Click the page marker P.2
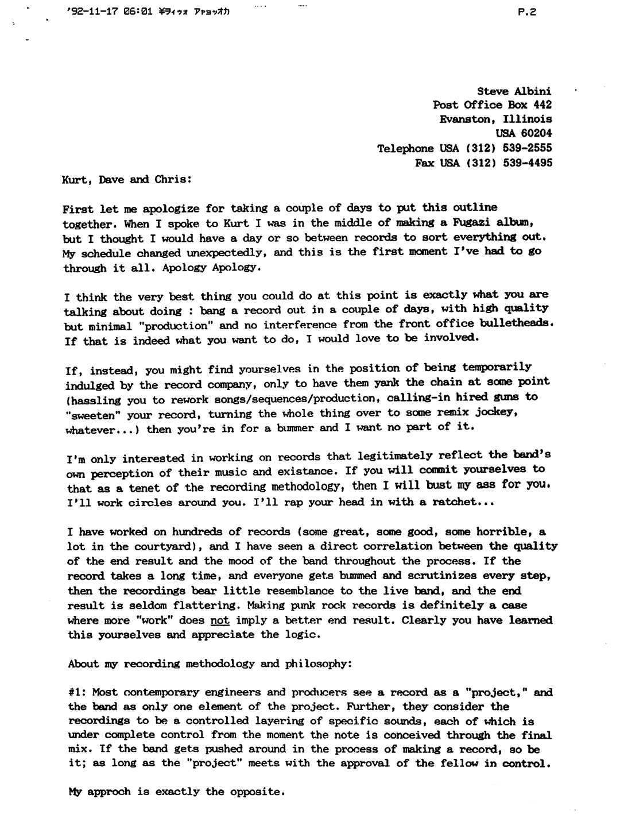click(526, 11)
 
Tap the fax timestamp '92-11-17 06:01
click(110, 11)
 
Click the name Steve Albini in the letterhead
click(514, 91)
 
